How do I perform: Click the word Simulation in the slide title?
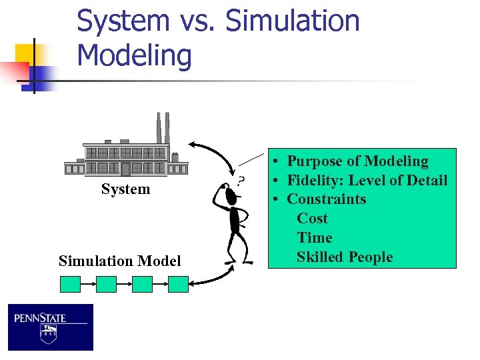click(293, 21)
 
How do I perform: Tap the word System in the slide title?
click(123, 21)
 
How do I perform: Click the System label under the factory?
click(125, 189)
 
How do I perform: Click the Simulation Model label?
click(119, 261)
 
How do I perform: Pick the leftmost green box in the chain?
click(70, 285)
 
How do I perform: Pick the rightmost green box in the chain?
click(178, 285)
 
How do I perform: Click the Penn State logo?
click(51, 327)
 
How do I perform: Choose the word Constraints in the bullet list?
click(326, 199)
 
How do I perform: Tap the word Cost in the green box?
click(312, 219)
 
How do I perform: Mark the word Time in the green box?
click(314, 238)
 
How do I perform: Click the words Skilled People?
click(345, 257)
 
